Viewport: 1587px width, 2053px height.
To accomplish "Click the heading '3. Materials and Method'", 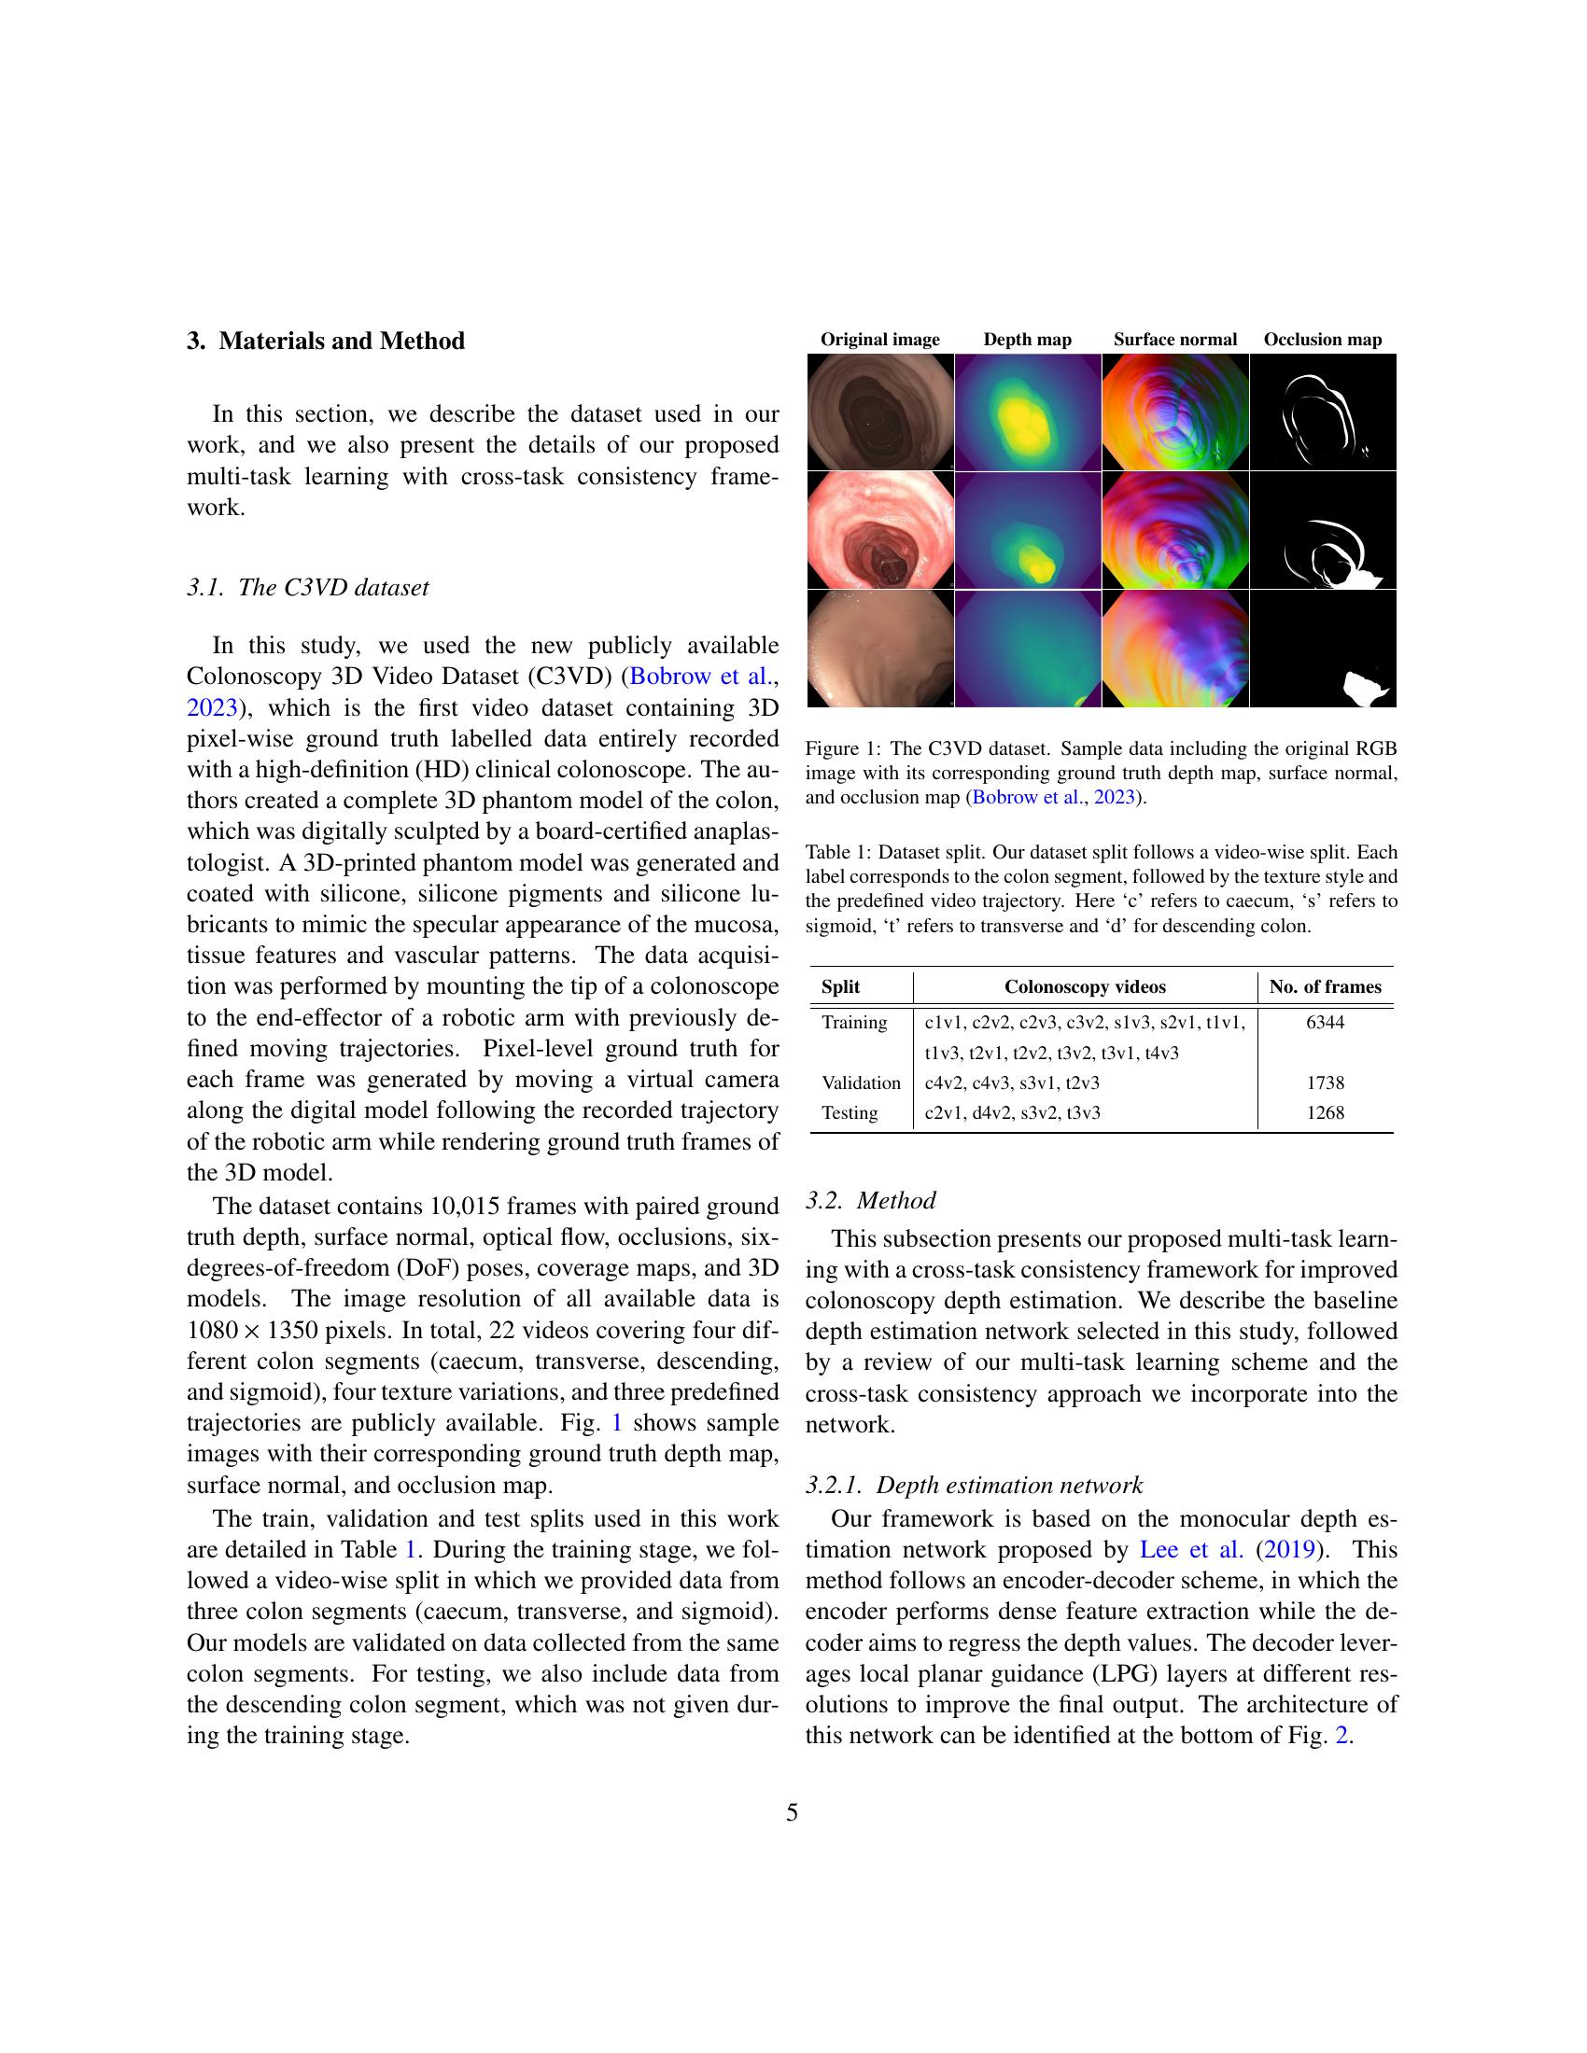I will coord(325,341).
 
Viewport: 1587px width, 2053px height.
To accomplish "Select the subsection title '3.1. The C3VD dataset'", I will coord(307,588).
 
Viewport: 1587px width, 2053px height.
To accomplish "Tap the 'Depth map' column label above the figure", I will coord(1027,340).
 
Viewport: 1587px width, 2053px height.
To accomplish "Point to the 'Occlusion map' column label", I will coord(1322,340).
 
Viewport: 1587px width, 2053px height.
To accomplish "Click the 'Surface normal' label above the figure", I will coord(1174,340).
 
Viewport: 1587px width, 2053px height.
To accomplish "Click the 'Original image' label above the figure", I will coord(879,340).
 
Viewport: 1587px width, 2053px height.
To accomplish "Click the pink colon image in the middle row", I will coord(880,531).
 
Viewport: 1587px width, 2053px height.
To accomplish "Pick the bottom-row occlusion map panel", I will coord(1322,649).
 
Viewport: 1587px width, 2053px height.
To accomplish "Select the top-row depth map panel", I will coord(1027,412).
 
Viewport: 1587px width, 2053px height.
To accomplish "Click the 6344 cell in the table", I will coord(1325,1022).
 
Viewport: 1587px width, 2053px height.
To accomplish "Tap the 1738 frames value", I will coord(1325,1082).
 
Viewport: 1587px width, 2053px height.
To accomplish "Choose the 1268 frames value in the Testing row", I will coord(1325,1112).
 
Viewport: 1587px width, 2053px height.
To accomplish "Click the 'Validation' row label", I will coord(861,1082).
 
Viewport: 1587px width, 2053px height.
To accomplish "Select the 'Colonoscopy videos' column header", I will coord(1084,986).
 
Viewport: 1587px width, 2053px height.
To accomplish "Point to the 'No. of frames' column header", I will coord(1325,986).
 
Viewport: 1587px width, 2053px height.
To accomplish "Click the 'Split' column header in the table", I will coord(839,986).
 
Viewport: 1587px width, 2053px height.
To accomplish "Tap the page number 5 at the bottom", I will coord(792,1811).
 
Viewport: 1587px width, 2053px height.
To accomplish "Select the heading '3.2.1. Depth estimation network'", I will coord(973,1486).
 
